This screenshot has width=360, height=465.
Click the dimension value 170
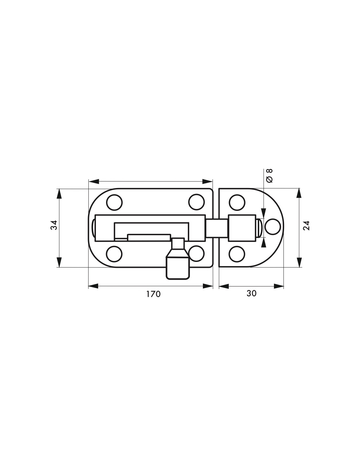(x=153, y=294)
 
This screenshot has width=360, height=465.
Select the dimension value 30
(x=251, y=293)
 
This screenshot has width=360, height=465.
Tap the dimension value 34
(x=54, y=225)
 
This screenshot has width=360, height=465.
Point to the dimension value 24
(x=307, y=225)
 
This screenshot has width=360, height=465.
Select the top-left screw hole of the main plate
(x=114, y=202)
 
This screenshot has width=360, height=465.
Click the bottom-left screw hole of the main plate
(x=114, y=254)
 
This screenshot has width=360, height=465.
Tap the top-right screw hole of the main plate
(x=196, y=202)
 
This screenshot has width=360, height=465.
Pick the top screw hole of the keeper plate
(x=237, y=202)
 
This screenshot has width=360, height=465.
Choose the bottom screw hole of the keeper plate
(x=237, y=254)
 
